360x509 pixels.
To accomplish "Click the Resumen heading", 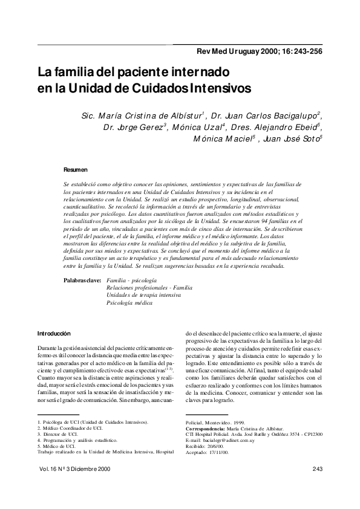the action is pos(75,170).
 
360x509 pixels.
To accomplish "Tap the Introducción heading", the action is pos(54,333).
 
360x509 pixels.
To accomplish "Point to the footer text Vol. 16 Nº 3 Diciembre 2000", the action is pos(74,469).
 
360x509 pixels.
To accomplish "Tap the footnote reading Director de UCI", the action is pos(64,433).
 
